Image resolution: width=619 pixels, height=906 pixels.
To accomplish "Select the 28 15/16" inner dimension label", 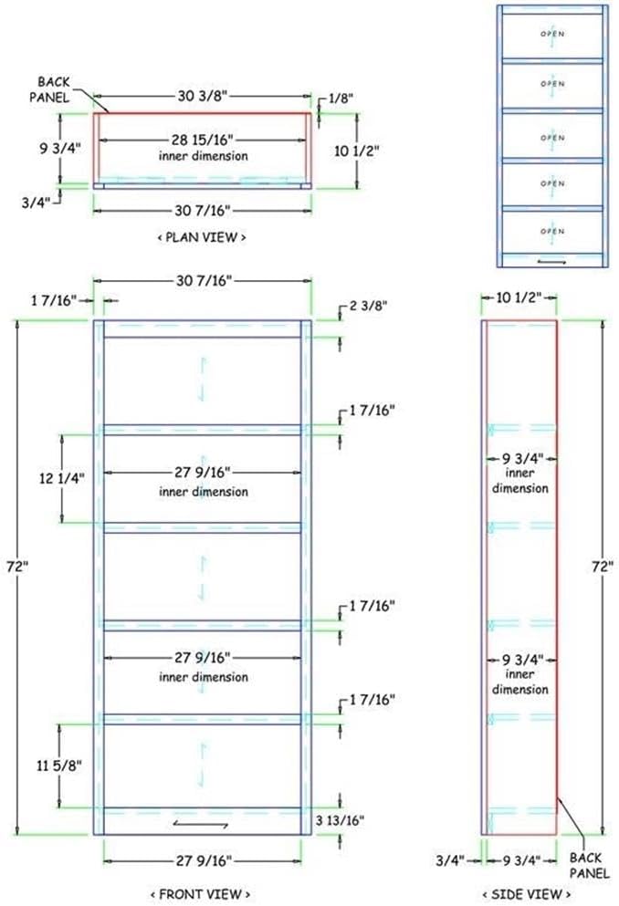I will (x=203, y=140).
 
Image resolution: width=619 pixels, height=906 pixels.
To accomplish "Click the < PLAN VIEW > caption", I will (x=202, y=237).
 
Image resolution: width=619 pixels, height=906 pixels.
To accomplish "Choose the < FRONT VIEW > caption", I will (x=202, y=893).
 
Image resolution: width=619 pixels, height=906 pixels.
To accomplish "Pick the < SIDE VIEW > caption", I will (x=519, y=893).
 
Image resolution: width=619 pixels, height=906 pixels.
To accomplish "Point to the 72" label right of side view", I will (x=600, y=566).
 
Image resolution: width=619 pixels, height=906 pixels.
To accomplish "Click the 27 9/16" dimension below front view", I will (x=203, y=860).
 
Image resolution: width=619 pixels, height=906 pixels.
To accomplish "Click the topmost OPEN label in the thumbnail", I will (x=552, y=34).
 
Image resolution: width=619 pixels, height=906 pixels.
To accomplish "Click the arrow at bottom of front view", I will (x=202, y=825).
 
